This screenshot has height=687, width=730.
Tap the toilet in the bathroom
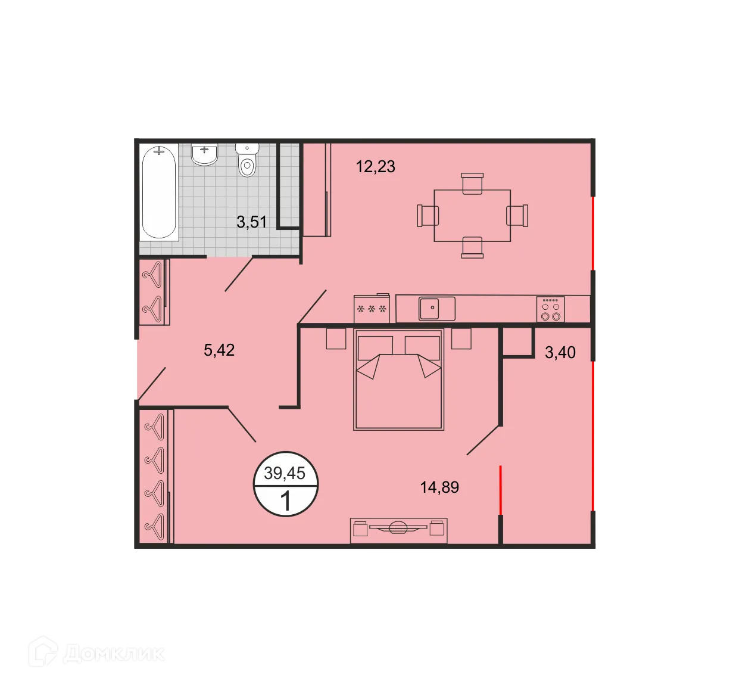coord(247,160)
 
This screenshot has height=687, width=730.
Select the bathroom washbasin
coord(205,155)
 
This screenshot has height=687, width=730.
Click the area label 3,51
coord(251,222)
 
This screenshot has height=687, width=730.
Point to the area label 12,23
coord(375,167)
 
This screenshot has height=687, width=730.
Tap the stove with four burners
coord(550,309)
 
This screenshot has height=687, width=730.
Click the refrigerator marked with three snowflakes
coord(371,309)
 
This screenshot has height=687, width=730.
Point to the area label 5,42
coord(219,350)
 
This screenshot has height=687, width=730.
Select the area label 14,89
coord(439,487)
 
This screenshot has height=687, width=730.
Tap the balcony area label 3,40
coord(560,353)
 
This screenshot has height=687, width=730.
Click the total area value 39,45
coord(285,473)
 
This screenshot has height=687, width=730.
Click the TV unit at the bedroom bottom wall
coord(398,530)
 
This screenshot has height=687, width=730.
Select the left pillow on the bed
coord(375,348)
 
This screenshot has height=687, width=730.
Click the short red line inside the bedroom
coord(501,490)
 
